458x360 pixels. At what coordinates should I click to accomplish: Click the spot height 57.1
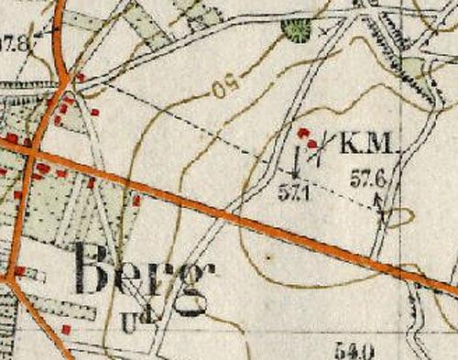click(x=295, y=192)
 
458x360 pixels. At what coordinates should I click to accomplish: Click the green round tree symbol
click(x=295, y=32)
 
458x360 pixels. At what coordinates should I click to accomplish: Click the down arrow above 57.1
click(x=296, y=166)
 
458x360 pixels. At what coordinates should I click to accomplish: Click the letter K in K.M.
click(x=351, y=144)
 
